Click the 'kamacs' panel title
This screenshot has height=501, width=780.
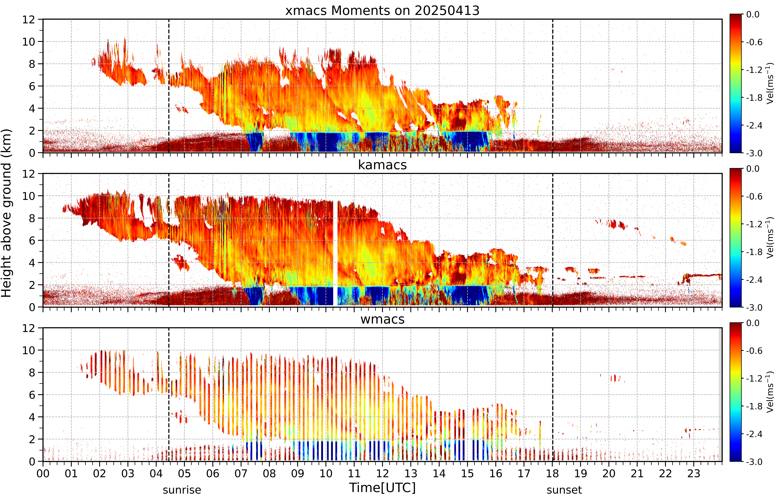tap(382, 165)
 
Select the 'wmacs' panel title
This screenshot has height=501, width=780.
tap(382, 319)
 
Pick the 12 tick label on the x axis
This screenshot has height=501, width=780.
tap(382, 473)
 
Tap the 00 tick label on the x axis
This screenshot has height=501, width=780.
tap(43, 473)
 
